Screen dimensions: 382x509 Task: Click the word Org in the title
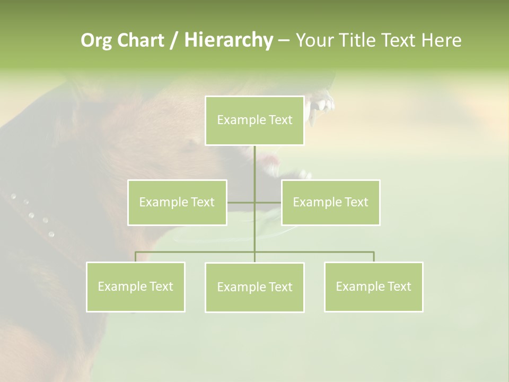click(x=96, y=40)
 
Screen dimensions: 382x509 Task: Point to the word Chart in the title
click(x=140, y=40)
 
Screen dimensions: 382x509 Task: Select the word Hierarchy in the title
click(x=228, y=40)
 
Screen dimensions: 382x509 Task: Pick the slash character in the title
click(x=174, y=40)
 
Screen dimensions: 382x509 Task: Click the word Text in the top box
click(x=280, y=120)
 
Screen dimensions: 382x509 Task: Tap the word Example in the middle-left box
click(x=161, y=202)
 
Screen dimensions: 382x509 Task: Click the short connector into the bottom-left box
click(x=135, y=257)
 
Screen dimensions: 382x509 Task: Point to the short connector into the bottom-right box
click(x=374, y=257)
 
